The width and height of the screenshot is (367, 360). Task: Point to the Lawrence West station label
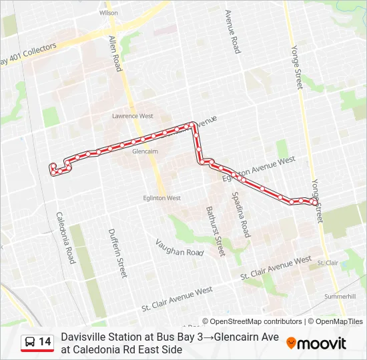point(133,116)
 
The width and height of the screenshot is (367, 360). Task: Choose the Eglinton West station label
point(162,198)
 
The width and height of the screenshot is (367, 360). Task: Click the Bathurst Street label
point(214,231)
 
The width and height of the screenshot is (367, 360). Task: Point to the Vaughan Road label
point(179,248)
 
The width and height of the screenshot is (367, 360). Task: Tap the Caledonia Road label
point(65,238)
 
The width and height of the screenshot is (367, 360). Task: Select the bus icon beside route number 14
point(31,343)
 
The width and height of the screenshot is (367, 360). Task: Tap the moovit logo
point(316,343)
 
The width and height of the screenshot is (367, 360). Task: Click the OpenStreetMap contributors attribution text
point(253,321)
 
